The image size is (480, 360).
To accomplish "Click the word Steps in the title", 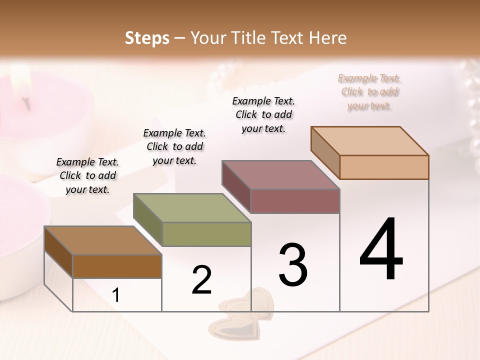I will [147, 38].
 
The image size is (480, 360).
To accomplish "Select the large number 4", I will [381, 249].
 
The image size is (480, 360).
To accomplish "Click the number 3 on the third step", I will [293, 264].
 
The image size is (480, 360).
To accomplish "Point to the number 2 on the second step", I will [201, 280].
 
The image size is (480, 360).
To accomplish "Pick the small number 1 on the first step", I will [116, 295].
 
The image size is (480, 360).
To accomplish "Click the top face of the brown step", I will [103, 240].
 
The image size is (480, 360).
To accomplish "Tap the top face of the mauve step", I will [281, 175].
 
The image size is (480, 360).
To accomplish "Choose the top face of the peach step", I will [370, 141].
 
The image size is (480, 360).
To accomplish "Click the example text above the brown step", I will [87, 175].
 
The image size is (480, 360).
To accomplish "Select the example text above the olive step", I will [174, 146].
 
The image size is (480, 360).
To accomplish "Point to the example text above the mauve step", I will [263, 114].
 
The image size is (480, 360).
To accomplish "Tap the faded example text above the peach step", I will [369, 92].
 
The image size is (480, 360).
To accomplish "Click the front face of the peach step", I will [384, 167].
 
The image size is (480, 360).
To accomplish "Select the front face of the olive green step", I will [206, 234].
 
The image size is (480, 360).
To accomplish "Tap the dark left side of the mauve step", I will [236, 187].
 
